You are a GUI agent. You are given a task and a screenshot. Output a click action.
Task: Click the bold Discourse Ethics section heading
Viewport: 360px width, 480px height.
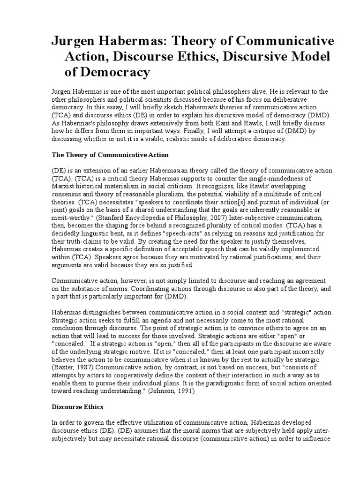(x=77, y=407)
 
